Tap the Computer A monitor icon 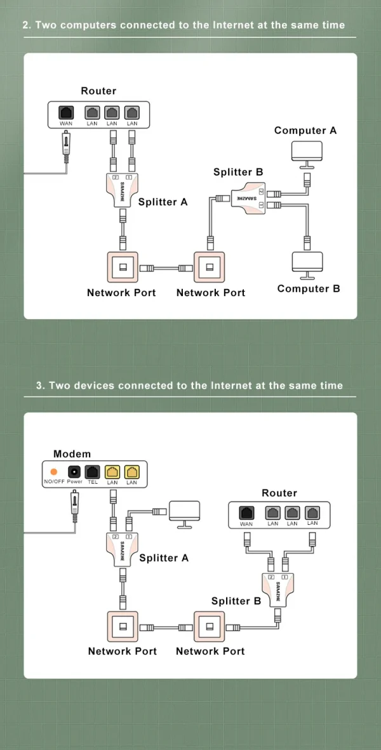click(x=307, y=152)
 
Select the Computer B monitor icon click(x=307, y=262)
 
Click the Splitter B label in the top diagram click(x=238, y=172)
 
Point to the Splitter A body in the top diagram click(x=123, y=188)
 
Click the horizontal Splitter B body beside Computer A click(x=248, y=198)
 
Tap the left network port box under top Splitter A click(x=122, y=267)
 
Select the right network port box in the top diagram click(x=210, y=267)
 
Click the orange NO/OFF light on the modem click(x=53, y=472)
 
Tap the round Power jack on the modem click(x=74, y=472)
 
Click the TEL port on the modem click(x=93, y=472)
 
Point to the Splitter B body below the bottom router click(x=277, y=589)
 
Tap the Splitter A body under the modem click(x=123, y=547)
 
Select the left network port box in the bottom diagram click(x=123, y=626)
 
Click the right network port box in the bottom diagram click(x=210, y=626)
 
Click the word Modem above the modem click(x=72, y=454)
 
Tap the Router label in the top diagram click(x=98, y=91)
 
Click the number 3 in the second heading click(x=39, y=385)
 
